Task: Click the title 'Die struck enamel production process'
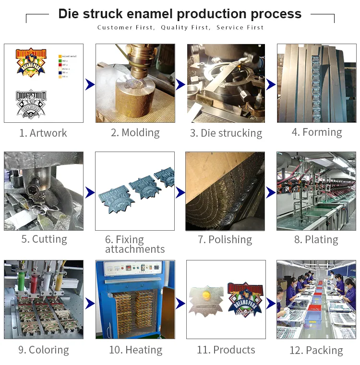[180, 14]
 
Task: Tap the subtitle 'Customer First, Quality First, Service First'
[180, 27]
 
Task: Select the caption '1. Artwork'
[43, 133]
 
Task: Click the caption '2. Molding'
[135, 132]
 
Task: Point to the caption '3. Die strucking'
[226, 133]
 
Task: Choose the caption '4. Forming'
[317, 132]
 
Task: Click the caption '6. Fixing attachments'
[134, 244]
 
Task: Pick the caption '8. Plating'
[316, 239]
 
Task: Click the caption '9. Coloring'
[44, 350]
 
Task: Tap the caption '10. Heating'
[135, 350]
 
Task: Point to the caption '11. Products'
[226, 350]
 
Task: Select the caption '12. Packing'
[316, 350]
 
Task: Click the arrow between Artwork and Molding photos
[90, 85]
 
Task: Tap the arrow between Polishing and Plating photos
[271, 192]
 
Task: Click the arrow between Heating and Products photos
[180, 303]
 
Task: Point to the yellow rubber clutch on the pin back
[207, 293]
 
